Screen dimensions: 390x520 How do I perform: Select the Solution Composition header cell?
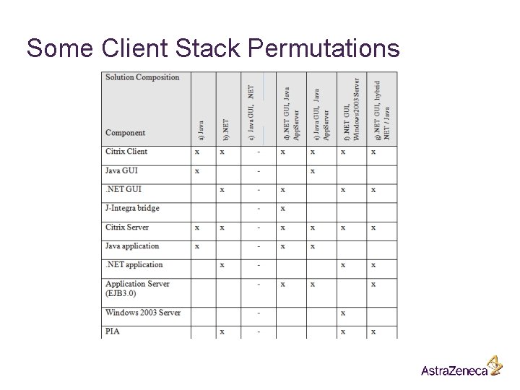142,77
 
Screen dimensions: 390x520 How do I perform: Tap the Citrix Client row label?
126,152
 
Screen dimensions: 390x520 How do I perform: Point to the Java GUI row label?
121,171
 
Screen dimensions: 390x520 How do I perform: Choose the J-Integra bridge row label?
132,209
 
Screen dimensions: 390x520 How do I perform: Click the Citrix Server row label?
128,227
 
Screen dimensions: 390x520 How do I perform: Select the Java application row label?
132,246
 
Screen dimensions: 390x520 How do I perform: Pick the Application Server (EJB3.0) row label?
137,288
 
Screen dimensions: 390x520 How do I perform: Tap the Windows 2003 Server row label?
143,313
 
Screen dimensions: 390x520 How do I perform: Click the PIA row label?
113,331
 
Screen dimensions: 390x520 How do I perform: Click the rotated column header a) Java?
201,129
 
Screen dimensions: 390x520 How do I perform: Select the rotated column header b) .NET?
226,129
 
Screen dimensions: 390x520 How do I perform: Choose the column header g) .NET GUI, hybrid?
382,108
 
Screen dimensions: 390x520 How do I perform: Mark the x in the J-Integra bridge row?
282,209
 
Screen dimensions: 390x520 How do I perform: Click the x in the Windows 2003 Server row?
342,313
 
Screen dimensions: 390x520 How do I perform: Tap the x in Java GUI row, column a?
197,171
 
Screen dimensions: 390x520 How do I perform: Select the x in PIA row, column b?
222,331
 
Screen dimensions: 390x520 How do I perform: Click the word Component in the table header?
126,133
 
